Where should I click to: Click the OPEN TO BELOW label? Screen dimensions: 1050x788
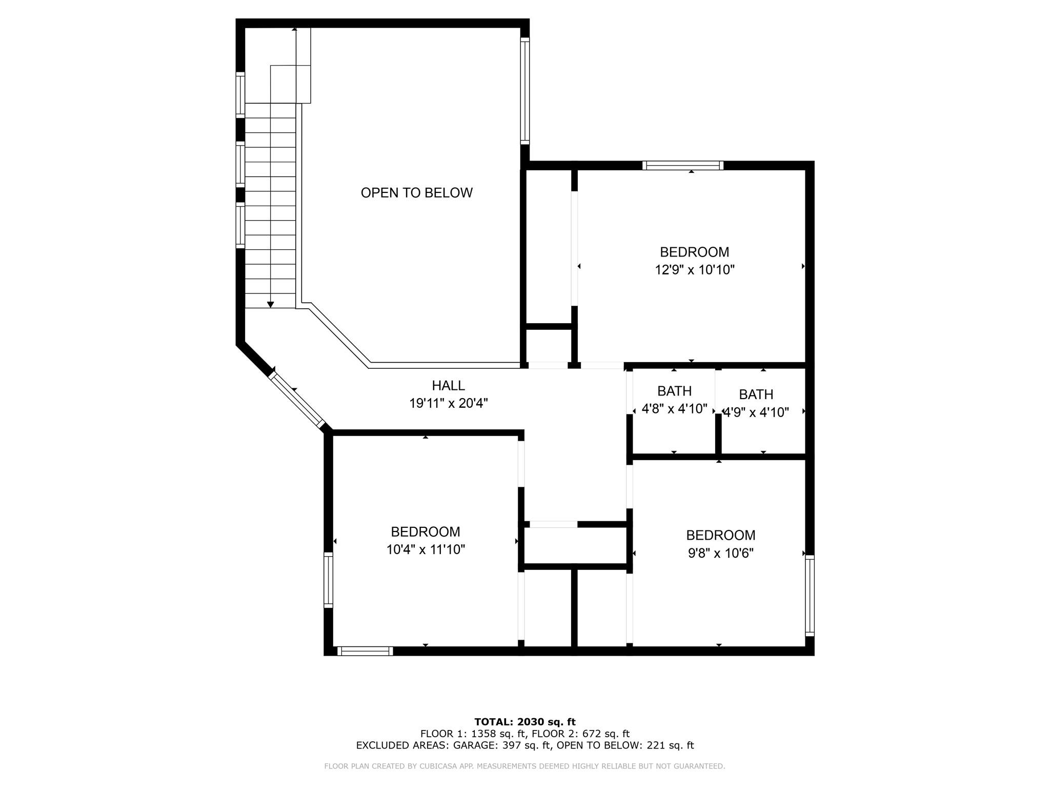click(x=416, y=193)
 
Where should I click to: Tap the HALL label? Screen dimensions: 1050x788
click(x=448, y=386)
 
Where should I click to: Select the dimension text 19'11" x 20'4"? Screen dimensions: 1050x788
click(x=448, y=404)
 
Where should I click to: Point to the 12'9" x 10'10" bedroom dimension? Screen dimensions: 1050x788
click(x=694, y=270)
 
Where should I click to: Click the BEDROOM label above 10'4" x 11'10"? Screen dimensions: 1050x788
click(x=425, y=532)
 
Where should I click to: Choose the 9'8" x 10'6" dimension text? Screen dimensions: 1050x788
click(x=720, y=554)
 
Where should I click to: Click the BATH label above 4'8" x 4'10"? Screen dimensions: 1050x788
click(x=674, y=391)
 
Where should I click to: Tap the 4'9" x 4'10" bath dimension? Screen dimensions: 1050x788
click(x=756, y=412)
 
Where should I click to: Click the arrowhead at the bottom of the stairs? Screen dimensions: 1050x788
click(x=270, y=305)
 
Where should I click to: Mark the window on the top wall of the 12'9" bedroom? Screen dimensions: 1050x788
click(x=683, y=165)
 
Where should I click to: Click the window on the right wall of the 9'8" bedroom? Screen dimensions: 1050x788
click(x=810, y=596)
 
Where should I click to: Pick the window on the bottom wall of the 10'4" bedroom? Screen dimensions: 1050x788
click(x=365, y=651)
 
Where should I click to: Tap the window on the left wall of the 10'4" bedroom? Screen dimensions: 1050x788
click(x=328, y=580)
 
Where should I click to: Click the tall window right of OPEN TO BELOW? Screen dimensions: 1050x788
click(x=525, y=91)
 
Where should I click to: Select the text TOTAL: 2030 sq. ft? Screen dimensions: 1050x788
click(x=525, y=722)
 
